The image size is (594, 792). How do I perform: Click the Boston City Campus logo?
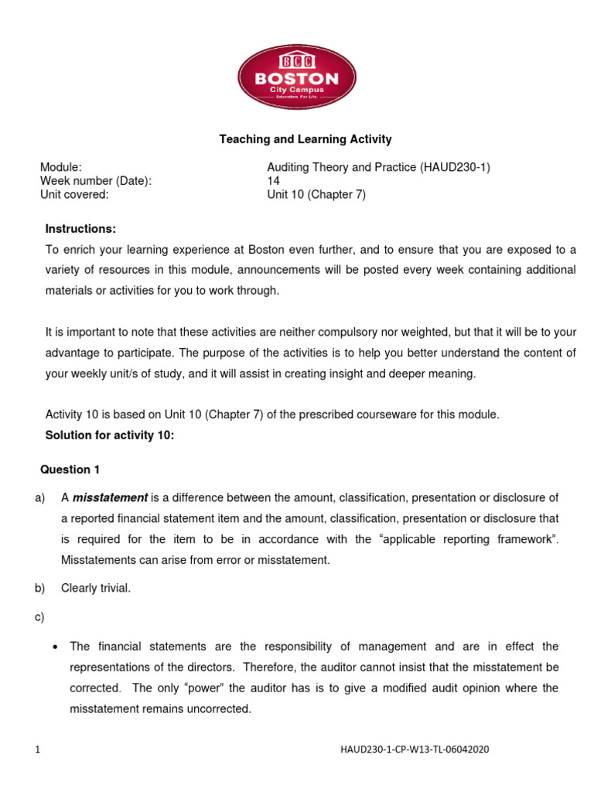[x=297, y=77]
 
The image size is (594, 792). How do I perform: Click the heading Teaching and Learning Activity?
[x=306, y=139]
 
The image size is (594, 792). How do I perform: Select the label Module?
[x=60, y=167]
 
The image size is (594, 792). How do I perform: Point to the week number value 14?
[x=273, y=181]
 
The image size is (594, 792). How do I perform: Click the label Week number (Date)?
[x=95, y=181]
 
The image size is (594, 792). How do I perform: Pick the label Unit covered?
[x=74, y=195]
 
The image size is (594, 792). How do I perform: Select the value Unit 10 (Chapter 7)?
[x=316, y=195]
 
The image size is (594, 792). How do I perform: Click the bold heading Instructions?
[x=80, y=229]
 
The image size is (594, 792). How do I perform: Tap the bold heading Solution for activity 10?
[x=110, y=435]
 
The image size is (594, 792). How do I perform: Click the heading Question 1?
[x=70, y=469]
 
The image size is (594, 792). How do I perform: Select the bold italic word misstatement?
[x=110, y=497]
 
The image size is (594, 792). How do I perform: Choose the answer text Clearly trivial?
[x=96, y=588]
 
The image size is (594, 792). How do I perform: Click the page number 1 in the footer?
[x=37, y=749]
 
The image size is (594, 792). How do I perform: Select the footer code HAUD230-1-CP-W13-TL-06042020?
[x=414, y=749]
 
